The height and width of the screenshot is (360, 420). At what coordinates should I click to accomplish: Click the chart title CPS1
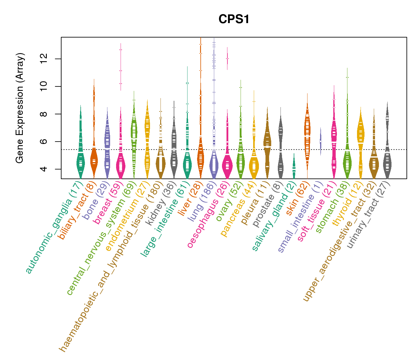click(234, 19)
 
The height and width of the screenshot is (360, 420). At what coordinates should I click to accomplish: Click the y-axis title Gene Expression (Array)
click(20, 108)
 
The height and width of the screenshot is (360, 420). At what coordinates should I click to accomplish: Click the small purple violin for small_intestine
click(320, 141)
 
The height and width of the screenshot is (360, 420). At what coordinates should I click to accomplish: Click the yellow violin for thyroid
click(361, 135)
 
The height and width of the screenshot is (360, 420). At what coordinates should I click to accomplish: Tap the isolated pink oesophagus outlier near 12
click(227, 58)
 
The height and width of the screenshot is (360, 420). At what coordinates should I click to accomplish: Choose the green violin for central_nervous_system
click(134, 132)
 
